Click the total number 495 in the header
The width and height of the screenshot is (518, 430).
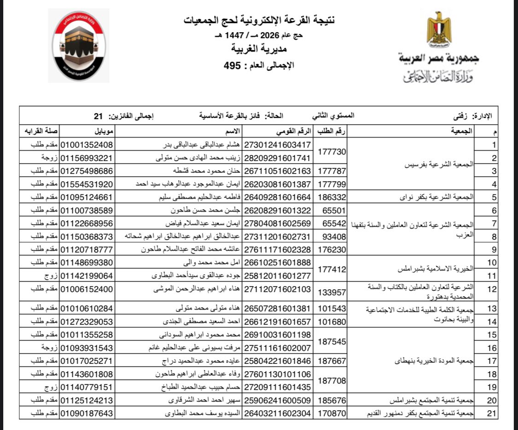click(x=233, y=65)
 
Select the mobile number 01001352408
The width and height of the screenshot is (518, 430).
click(x=87, y=145)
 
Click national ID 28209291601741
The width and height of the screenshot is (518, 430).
click(x=278, y=158)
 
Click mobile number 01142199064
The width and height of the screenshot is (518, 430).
click(x=87, y=276)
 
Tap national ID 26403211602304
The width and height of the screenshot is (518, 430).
click(x=278, y=413)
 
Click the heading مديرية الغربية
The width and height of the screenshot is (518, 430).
click(x=259, y=49)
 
